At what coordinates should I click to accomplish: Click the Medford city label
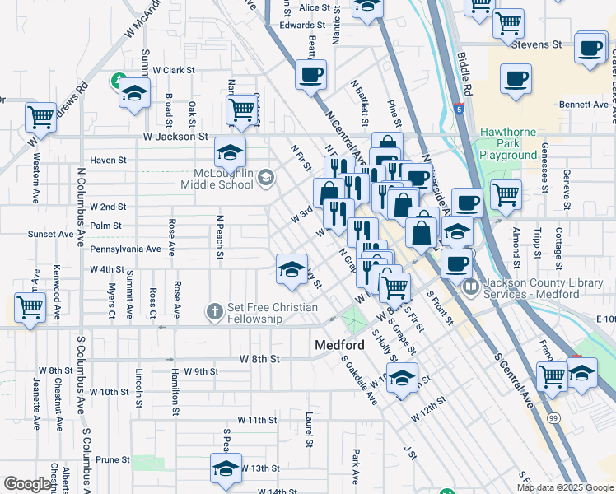(340, 345)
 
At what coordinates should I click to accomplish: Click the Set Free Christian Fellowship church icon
(214, 311)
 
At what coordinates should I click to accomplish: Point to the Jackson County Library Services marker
(471, 287)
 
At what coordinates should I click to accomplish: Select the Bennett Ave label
(582, 105)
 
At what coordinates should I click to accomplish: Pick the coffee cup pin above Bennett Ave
(516, 81)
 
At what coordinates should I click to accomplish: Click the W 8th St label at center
(260, 359)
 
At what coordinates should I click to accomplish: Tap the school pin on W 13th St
(226, 468)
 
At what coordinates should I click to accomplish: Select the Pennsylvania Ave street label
(126, 249)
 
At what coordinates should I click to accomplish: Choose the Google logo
(27, 484)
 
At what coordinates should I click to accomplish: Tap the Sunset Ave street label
(50, 235)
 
